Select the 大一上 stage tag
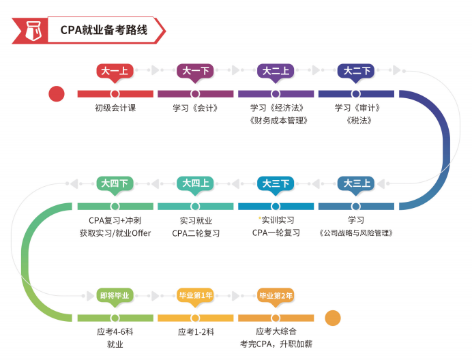115,70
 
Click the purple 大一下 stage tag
195,70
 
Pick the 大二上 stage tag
276,70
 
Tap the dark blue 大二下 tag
356,70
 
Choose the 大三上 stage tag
356,183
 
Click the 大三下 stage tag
276,183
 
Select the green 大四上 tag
195,183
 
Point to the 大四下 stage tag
115,183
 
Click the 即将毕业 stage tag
115,295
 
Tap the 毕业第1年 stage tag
195,295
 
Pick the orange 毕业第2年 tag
276,295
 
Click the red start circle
57,94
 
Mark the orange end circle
332,318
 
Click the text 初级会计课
115,108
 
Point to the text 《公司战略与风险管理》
356,233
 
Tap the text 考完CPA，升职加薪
276,344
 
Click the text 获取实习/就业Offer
115,233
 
